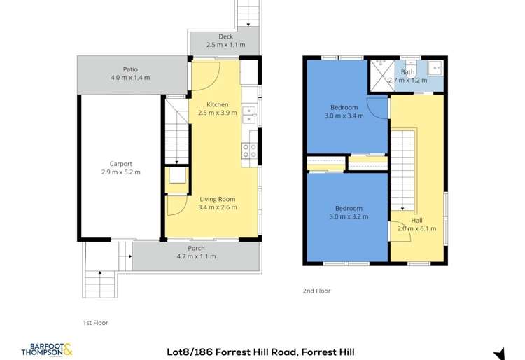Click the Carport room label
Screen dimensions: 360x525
pos(120,164)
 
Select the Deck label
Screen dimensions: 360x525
pos(225,36)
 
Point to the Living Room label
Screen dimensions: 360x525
pos(218,199)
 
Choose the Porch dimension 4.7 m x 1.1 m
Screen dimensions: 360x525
pos(196,256)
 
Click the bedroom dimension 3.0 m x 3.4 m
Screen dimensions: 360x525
pos(344,116)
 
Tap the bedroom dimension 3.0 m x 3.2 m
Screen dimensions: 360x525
pos(347,216)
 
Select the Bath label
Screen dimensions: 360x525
pos(408,72)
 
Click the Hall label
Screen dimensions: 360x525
pos(416,220)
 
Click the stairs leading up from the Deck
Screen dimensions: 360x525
pos(248,13)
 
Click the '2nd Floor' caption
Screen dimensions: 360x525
pos(317,291)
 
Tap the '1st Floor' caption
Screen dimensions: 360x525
pos(95,323)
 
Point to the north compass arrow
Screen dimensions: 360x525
pos(499,353)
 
